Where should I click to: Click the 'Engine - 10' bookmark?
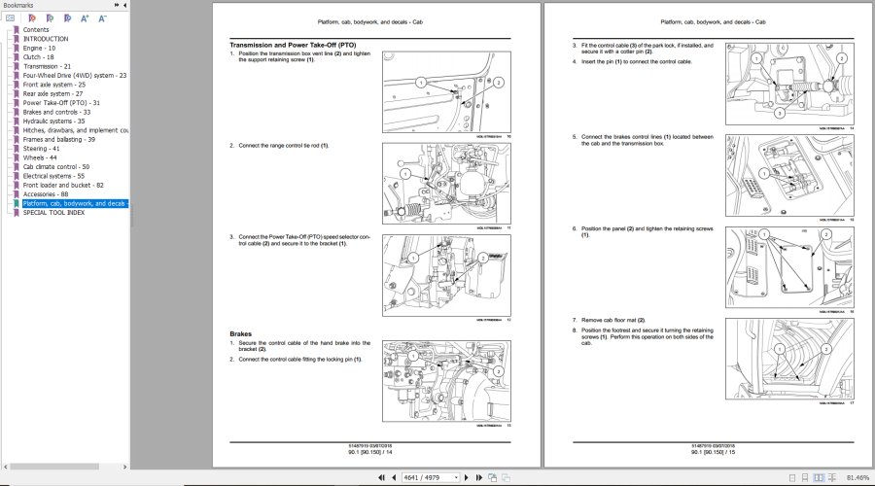tap(39, 48)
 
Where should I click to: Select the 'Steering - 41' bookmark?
tap(41, 148)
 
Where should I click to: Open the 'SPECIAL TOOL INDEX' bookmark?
tap(53, 212)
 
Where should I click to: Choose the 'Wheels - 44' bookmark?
tap(40, 157)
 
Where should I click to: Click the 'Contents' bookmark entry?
tap(36, 29)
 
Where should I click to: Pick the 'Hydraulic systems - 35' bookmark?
tap(53, 121)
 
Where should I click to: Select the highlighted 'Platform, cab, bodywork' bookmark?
tap(74, 203)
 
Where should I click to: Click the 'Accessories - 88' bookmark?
tap(46, 194)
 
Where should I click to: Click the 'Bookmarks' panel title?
tap(17, 5)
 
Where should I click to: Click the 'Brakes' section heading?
tap(240, 334)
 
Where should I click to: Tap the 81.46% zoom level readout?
tap(857, 477)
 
